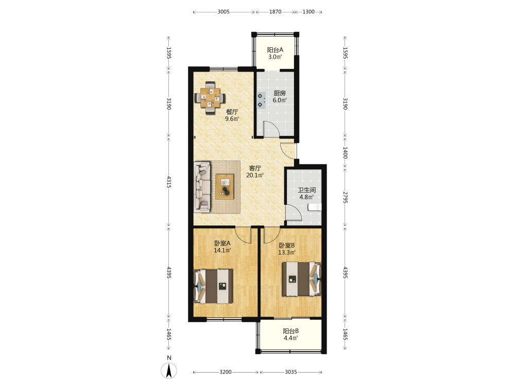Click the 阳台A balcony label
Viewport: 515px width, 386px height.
(x=275, y=50)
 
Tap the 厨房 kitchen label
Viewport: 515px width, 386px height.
(x=280, y=93)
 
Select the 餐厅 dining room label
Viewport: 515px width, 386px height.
(x=232, y=112)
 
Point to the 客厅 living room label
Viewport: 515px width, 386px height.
(x=255, y=168)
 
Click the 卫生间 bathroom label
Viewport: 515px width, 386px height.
(x=307, y=190)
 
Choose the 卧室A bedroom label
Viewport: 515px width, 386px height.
(x=222, y=243)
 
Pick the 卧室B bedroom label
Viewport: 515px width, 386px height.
(x=287, y=245)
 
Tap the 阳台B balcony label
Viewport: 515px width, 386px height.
(x=290, y=331)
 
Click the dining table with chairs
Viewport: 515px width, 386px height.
(x=210, y=98)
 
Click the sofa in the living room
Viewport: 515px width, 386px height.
(x=202, y=186)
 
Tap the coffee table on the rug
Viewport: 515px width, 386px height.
(x=225, y=186)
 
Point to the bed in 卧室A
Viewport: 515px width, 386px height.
(x=214, y=286)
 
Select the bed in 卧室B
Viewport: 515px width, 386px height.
(x=301, y=279)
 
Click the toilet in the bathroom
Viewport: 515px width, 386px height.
(x=315, y=207)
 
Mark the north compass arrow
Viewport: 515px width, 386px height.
(x=169, y=370)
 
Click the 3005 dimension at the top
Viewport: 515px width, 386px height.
(x=224, y=12)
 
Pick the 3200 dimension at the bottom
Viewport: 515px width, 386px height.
(x=226, y=372)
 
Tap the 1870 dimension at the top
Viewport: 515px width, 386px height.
(x=275, y=12)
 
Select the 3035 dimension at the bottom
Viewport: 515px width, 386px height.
(x=290, y=372)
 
